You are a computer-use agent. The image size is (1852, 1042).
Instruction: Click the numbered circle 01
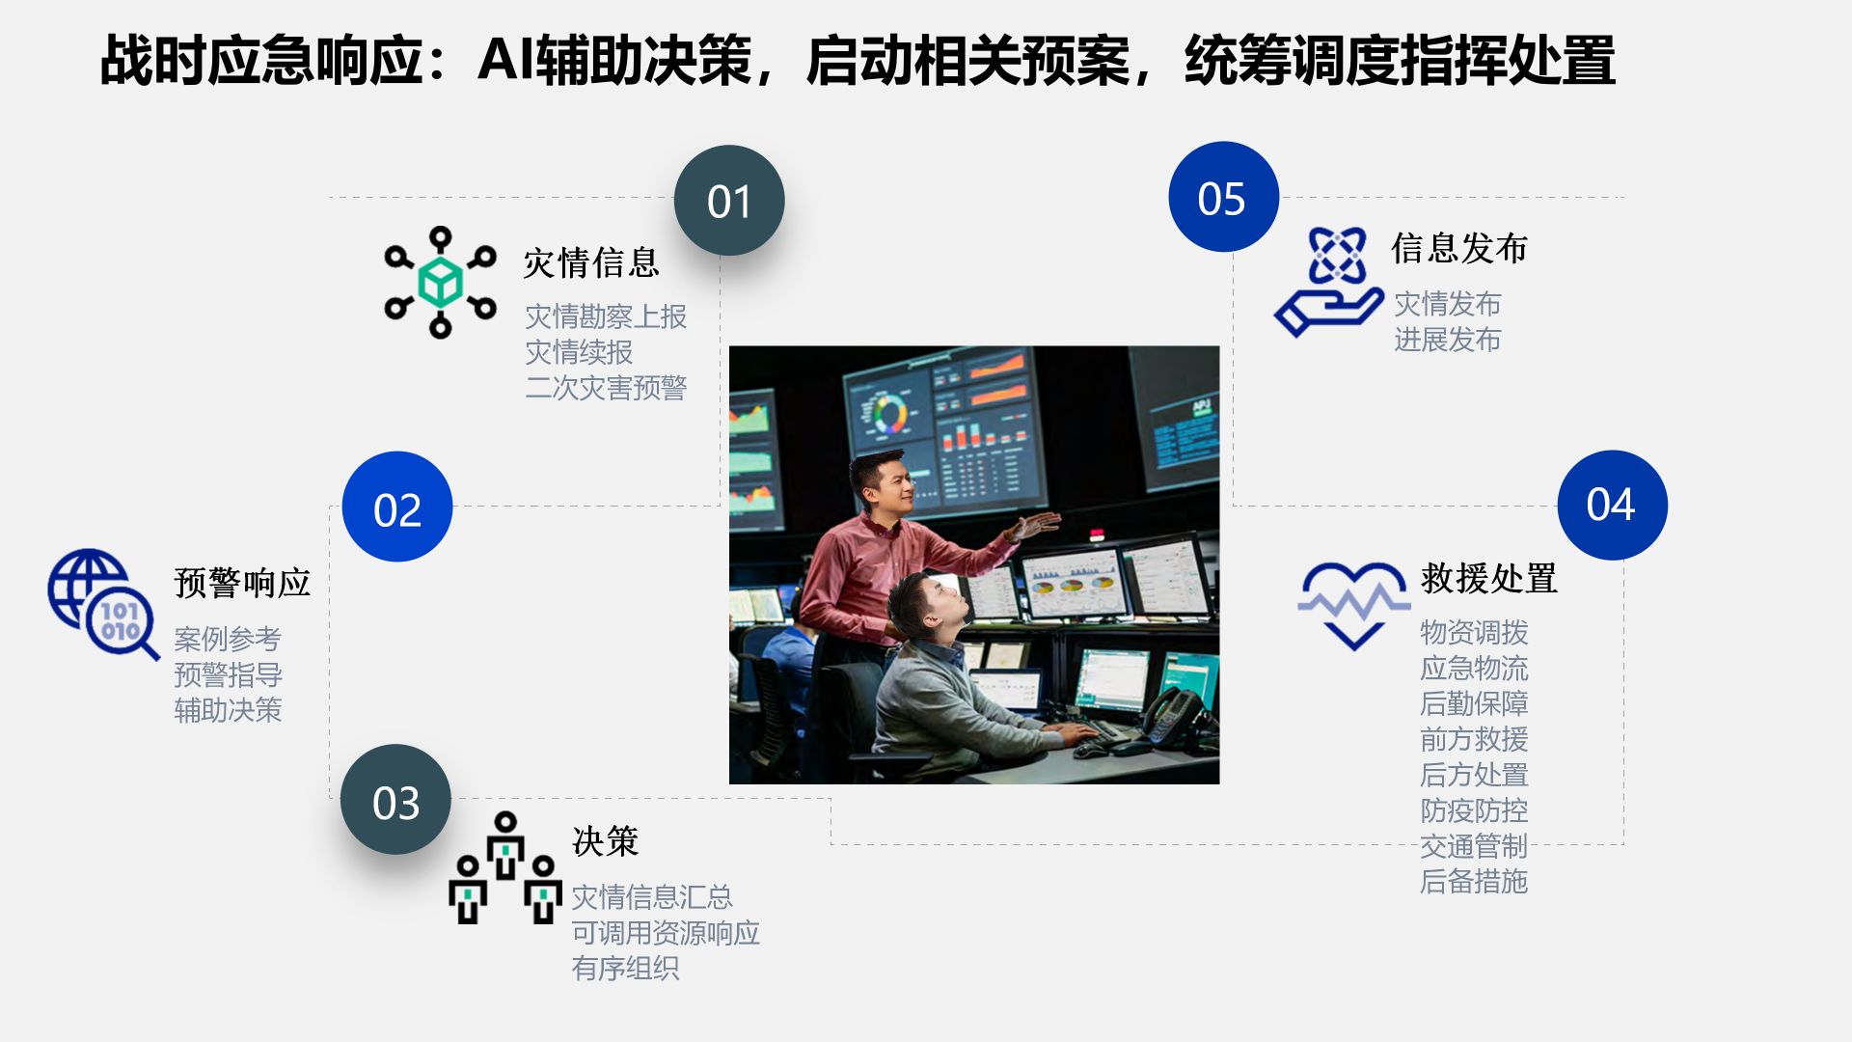(x=729, y=201)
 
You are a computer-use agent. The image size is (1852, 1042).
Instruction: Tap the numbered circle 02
(x=397, y=507)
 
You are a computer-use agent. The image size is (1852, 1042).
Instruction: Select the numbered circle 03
(x=395, y=800)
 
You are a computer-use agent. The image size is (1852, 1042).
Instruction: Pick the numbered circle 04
(x=1612, y=505)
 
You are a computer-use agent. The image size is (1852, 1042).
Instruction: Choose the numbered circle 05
(x=1223, y=197)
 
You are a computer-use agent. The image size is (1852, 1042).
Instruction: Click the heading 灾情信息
(x=591, y=262)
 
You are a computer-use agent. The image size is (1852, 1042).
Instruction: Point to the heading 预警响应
(x=242, y=583)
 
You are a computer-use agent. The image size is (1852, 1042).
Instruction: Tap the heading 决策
(x=606, y=841)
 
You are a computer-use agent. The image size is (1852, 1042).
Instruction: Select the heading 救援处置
(x=1488, y=579)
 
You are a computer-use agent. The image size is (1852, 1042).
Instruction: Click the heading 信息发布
(x=1459, y=248)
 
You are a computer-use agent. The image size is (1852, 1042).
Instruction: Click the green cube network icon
(x=440, y=283)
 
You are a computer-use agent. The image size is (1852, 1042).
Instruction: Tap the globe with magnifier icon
(x=103, y=604)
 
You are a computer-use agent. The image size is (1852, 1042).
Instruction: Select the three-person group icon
(x=505, y=867)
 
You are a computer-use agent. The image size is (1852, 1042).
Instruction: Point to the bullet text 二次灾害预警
(x=606, y=388)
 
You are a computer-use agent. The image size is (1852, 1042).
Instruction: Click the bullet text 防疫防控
(x=1474, y=810)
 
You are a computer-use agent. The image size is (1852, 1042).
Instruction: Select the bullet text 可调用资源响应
(x=666, y=933)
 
